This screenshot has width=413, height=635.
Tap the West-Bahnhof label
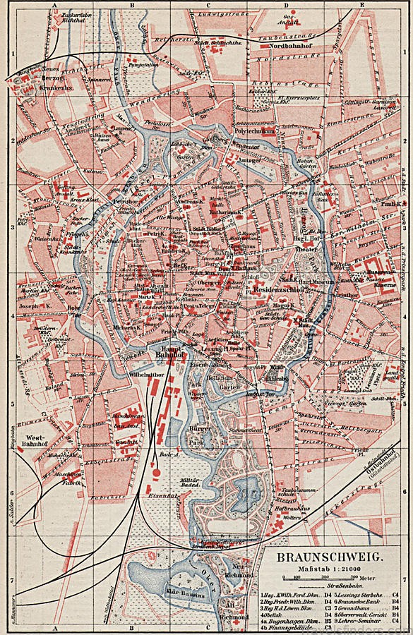(35, 432)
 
